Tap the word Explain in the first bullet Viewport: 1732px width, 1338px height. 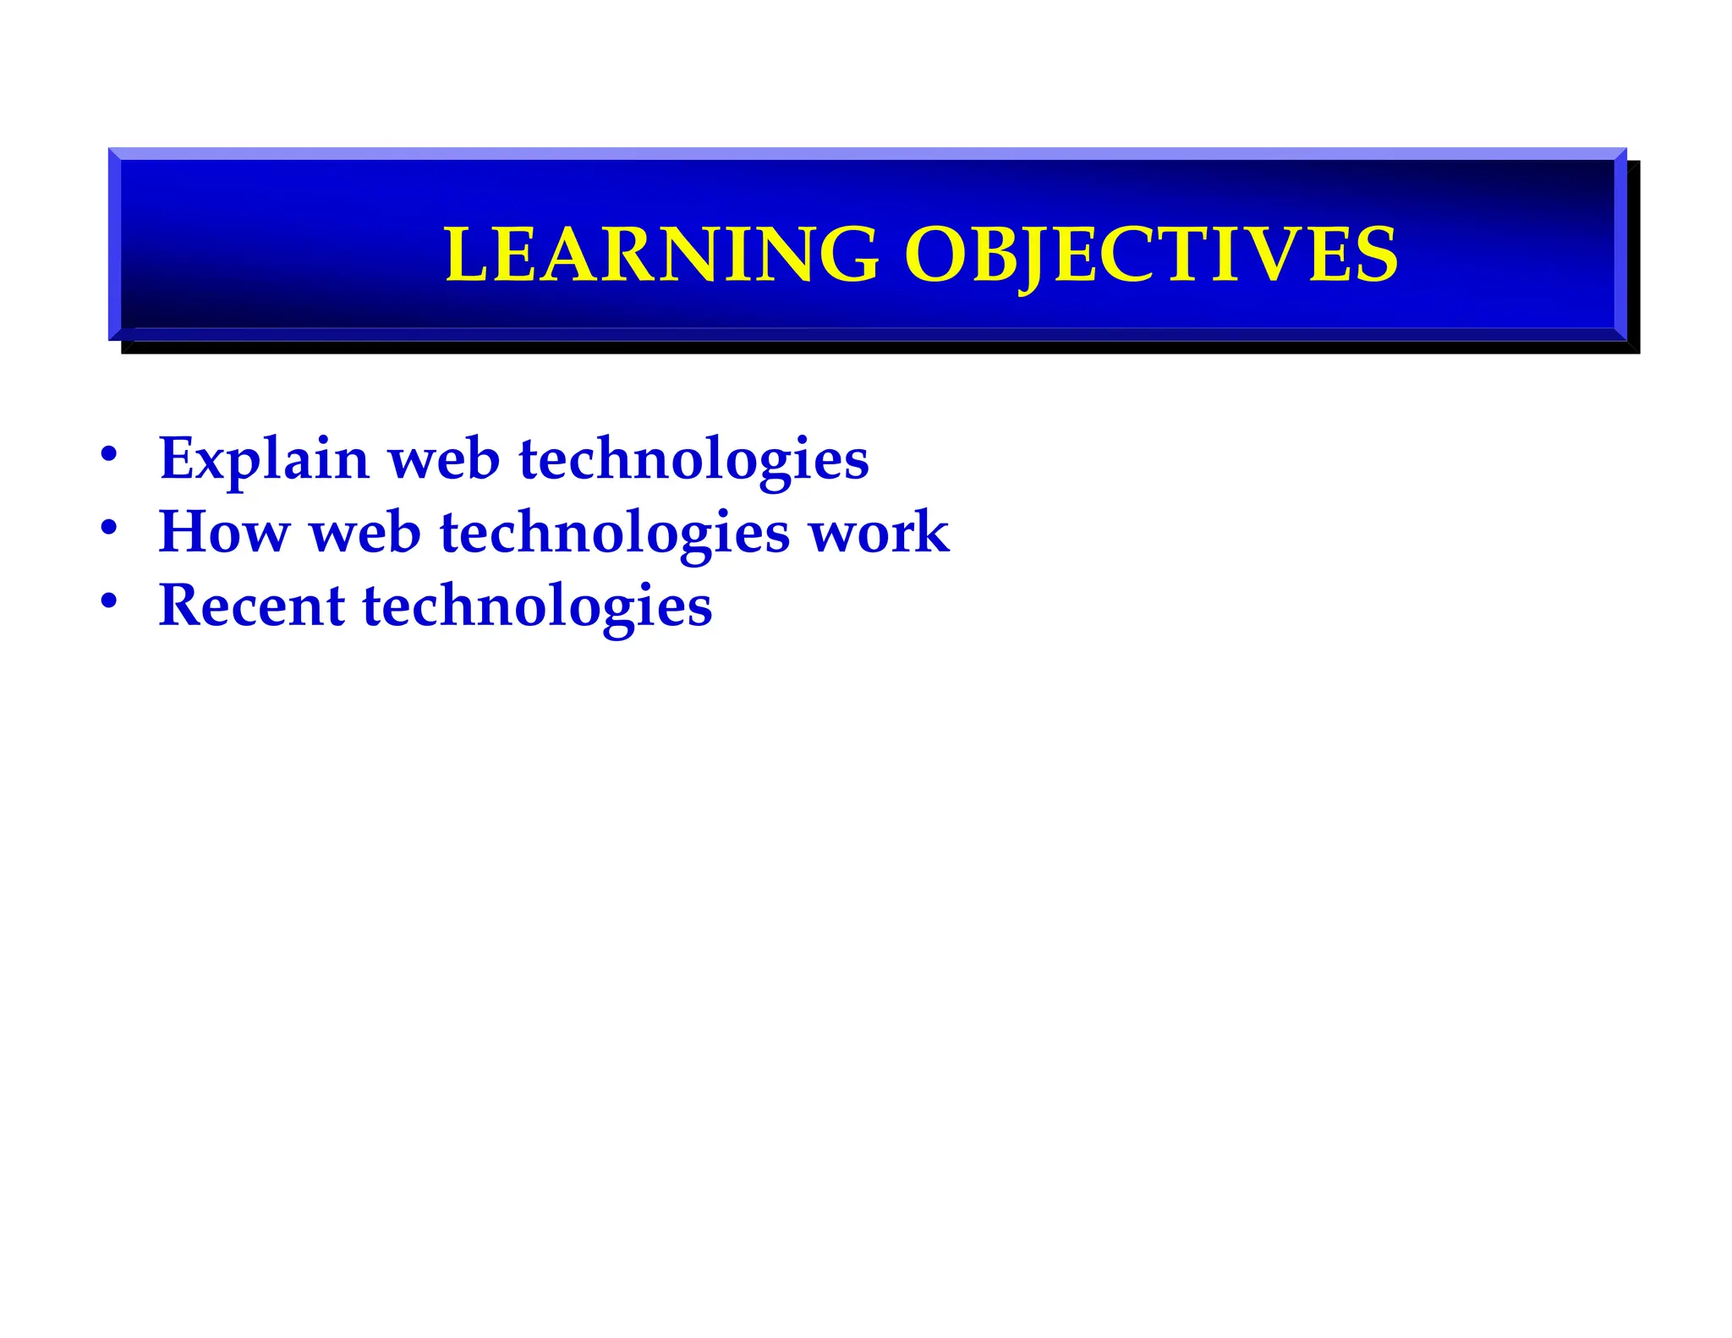click(x=264, y=459)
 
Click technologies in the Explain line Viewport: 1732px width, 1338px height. click(x=693, y=459)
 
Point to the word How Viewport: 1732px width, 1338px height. click(x=224, y=532)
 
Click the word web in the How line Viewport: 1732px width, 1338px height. click(x=365, y=532)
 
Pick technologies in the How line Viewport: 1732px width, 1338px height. click(x=615, y=532)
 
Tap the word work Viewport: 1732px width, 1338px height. click(x=880, y=532)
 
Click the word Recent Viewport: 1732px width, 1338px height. click(x=251, y=606)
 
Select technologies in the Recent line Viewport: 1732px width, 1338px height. click(x=537, y=606)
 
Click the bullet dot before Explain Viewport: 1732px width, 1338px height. click(x=108, y=454)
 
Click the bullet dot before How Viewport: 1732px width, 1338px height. click(x=108, y=528)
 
